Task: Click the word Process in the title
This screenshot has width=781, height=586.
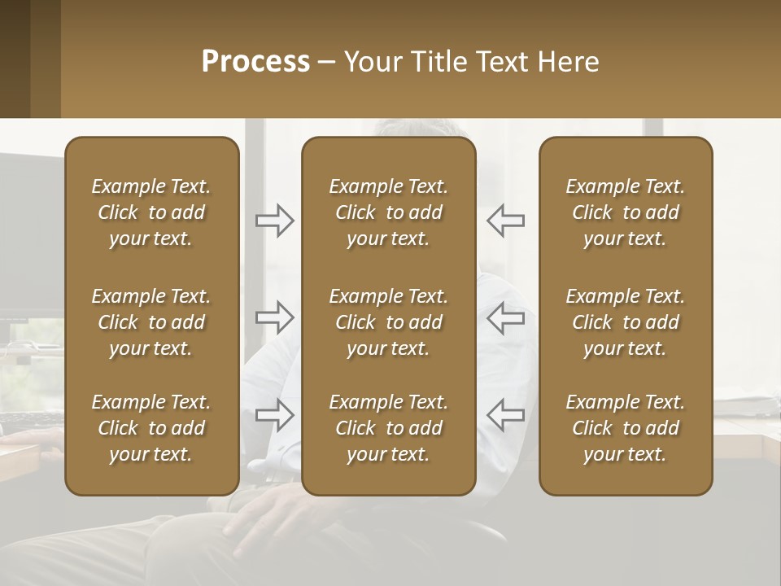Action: tap(255, 62)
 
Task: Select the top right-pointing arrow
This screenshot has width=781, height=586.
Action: tap(274, 220)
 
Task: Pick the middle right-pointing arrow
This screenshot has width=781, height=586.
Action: tap(274, 317)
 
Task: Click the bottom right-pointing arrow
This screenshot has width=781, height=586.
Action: tap(274, 414)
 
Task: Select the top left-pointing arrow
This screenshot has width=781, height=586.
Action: tap(505, 220)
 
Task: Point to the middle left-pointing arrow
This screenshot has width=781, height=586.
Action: tap(505, 317)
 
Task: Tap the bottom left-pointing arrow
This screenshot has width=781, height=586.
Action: tap(505, 414)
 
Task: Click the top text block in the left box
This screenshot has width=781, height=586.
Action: tap(151, 212)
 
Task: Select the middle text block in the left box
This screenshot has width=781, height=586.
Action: tap(151, 322)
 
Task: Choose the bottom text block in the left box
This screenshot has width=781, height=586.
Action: tap(151, 428)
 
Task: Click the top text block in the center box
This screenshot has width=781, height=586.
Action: tap(388, 212)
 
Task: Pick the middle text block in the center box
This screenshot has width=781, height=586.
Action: tap(388, 322)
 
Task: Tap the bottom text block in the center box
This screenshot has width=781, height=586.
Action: tap(388, 428)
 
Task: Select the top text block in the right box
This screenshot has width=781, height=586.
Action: tap(625, 212)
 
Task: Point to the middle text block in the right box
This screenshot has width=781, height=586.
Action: tap(625, 322)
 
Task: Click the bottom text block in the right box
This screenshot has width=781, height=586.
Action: tap(625, 428)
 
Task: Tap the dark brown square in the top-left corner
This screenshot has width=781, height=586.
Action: tap(15, 59)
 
